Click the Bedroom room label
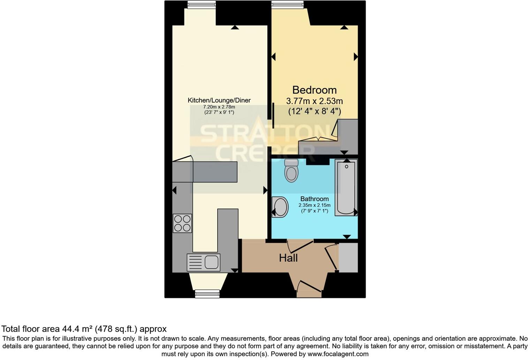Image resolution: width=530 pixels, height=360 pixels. (x=314, y=90)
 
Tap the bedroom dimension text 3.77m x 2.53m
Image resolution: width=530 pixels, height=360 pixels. (x=314, y=101)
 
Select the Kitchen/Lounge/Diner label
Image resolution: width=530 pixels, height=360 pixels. (x=219, y=100)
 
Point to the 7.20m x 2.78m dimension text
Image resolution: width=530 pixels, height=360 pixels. (x=219, y=107)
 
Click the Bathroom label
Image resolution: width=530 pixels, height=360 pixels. (x=315, y=199)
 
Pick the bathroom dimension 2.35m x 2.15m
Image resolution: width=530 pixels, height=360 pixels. (x=315, y=205)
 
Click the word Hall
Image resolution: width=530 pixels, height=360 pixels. (x=288, y=258)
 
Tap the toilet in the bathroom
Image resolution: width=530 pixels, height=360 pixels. (x=291, y=171)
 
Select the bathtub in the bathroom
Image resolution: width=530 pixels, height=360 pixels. (x=346, y=188)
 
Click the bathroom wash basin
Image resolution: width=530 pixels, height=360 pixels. (x=280, y=207)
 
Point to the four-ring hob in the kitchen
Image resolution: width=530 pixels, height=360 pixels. (x=182, y=223)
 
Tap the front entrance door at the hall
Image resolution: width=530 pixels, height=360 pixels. (x=309, y=287)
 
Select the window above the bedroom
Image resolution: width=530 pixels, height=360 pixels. (x=288, y=5)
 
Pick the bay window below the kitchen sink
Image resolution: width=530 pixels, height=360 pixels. (x=207, y=294)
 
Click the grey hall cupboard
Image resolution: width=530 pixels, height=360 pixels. (x=348, y=257)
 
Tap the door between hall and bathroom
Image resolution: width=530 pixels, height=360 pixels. (x=300, y=246)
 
